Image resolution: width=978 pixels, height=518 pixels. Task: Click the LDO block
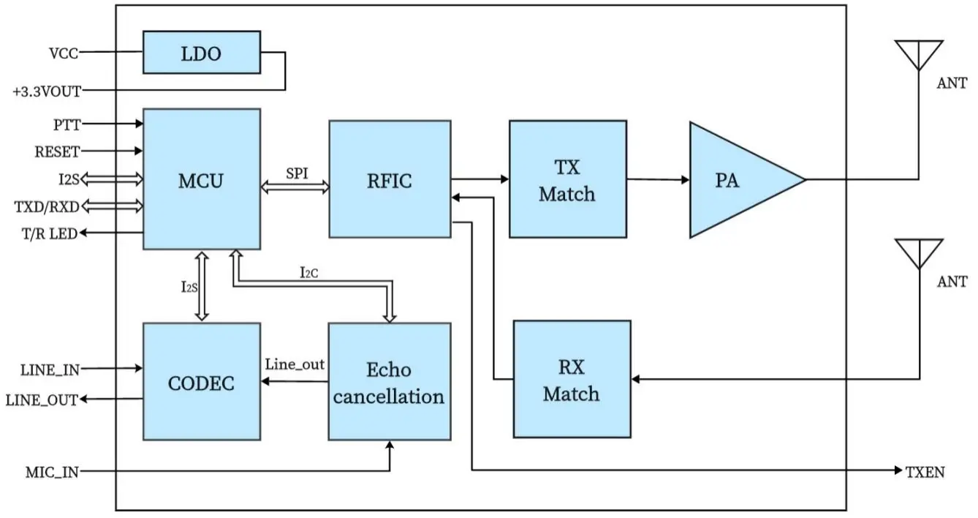coord(201,52)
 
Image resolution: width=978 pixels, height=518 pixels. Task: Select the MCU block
coord(201,179)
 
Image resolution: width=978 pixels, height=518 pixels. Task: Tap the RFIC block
coord(389,179)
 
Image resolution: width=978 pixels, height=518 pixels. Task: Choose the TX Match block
coord(567,179)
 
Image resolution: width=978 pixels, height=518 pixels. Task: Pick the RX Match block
coord(572,379)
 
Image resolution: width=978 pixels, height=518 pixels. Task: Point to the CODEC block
coord(201,381)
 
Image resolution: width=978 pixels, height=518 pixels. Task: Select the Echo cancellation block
coord(389,381)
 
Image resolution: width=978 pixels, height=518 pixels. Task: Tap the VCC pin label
coord(63,53)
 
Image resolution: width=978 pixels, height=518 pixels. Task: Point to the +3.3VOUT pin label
coord(47,91)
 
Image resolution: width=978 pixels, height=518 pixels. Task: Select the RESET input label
coord(57,151)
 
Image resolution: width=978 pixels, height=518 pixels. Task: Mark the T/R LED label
coord(51,233)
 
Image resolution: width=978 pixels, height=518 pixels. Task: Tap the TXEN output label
coord(925,472)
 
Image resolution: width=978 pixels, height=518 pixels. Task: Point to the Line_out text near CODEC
coord(295,364)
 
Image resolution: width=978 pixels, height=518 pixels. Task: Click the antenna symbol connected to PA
coord(918,56)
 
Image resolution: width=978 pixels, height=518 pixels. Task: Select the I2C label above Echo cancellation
coord(309,272)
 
